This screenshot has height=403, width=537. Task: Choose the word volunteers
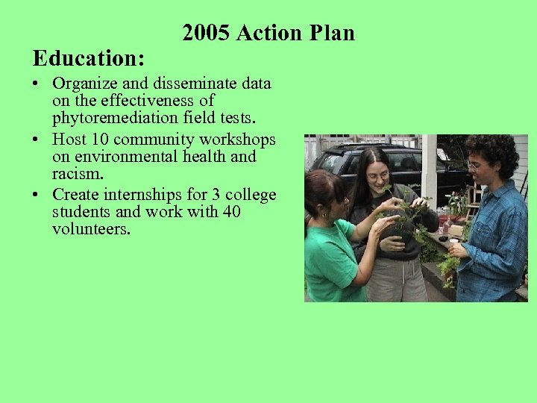[91, 230]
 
